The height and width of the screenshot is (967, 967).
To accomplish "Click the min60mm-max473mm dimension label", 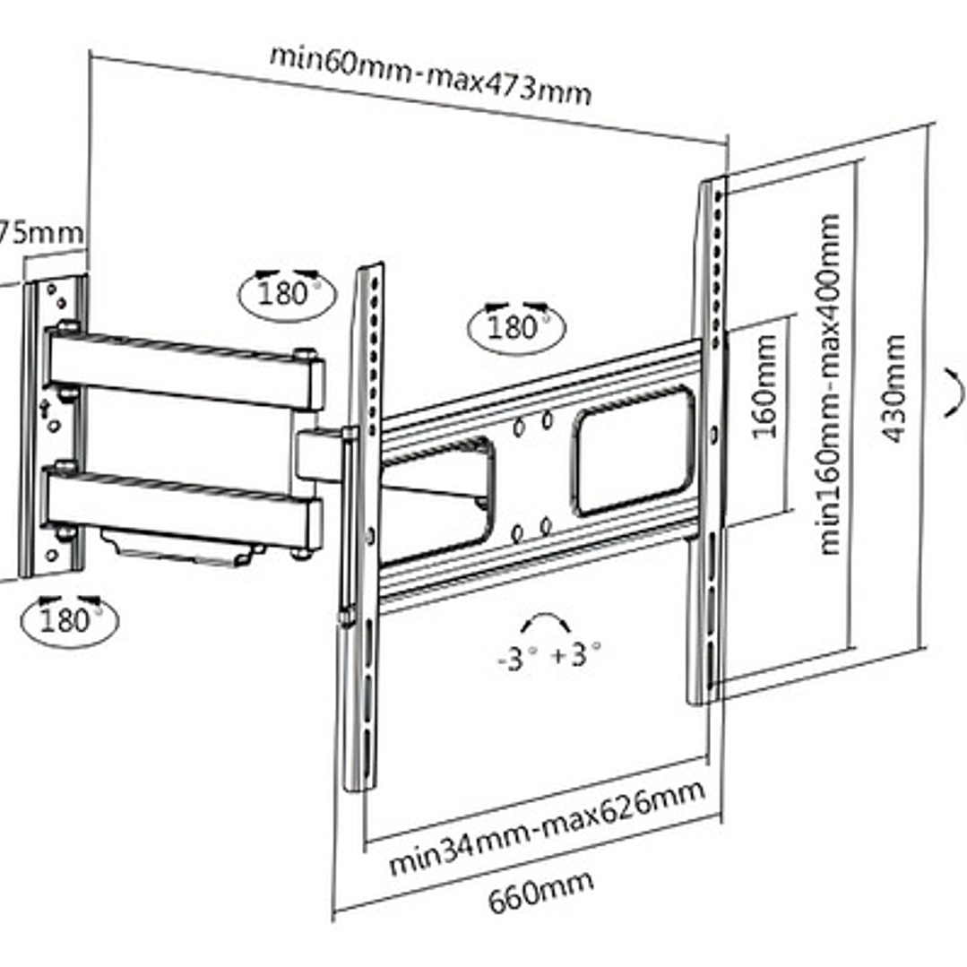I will pos(430,74).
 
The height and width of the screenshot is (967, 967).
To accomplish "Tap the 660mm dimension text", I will pos(540,886).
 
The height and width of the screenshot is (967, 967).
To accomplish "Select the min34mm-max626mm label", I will pos(546,828).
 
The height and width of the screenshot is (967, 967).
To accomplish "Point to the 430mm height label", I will pos(894,389).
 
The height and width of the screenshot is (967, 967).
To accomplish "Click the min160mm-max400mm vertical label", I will pos(830,384).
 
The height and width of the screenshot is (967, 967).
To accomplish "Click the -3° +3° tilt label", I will pos(548,655).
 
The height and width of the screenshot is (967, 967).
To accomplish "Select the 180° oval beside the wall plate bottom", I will pos(69,617).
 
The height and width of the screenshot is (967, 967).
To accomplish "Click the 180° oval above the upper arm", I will pos(287,290).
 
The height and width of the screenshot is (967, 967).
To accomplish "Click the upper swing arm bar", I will pos(184,368).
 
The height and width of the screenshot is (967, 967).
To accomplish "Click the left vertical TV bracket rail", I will pos(360,529).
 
